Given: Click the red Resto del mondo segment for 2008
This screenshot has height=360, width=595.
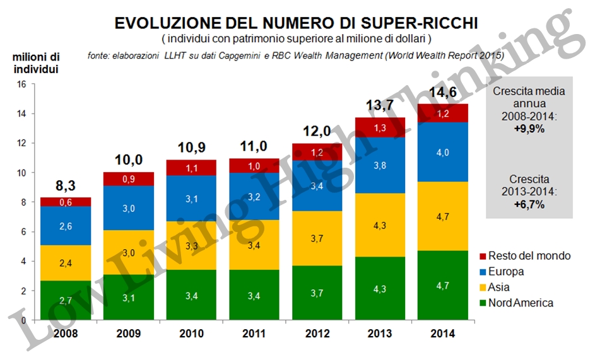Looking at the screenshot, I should point(66,202).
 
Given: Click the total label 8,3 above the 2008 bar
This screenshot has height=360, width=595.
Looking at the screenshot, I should point(66,186).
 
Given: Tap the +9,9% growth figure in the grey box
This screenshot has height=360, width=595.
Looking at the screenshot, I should point(529,129).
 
